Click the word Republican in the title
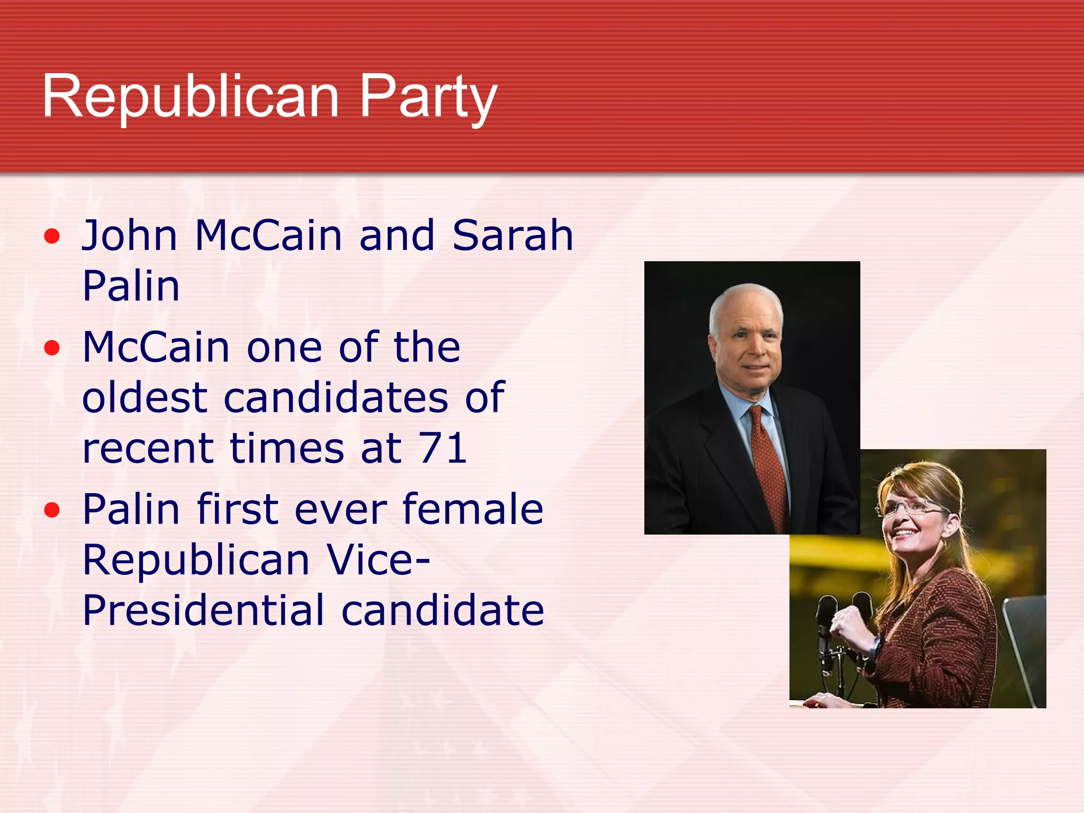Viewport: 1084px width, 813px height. pos(191,96)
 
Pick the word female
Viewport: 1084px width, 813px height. pos(473,509)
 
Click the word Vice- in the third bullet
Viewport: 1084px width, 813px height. pos(378,559)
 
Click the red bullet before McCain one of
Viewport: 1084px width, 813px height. pos(52,348)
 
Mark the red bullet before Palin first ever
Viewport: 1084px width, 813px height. pos(52,510)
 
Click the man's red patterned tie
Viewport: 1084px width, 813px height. pos(767,466)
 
